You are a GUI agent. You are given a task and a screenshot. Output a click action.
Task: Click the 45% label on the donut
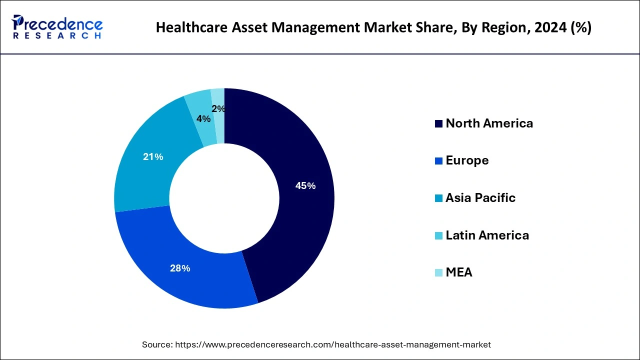pyautogui.click(x=305, y=186)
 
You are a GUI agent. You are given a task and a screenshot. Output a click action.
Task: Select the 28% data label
pyautogui.click(x=180, y=268)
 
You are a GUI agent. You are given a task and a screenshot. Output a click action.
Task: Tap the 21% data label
pyautogui.click(x=153, y=157)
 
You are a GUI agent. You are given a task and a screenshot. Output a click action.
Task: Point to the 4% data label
pyautogui.click(x=203, y=119)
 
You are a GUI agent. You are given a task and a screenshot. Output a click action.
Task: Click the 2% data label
pyautogui.click(x=218, y=109)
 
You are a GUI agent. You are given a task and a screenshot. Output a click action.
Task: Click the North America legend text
pyautogui.click(x=489, y=123)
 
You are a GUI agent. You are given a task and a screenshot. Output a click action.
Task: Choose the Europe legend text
pyautogui.click(x=467, y=160)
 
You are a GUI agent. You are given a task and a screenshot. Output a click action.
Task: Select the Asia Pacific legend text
pyautogui.click(x=480, y=198)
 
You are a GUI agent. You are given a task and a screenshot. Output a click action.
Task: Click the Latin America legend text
pyautogui.click(x=487, y=235)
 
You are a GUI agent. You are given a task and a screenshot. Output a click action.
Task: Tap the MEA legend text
pyautogui.click(x=458, y=272)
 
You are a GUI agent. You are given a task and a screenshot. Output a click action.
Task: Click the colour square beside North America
pyautogui.click(x=438, y=124)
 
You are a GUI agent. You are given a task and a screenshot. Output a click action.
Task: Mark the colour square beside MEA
pyautogui.click(x=438, y=273)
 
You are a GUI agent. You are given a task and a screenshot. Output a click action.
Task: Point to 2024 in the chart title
pyautogui.click(x=546, y=27)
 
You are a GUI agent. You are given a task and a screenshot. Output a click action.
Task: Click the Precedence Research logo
pyautogui.click(x=57, y=27)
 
